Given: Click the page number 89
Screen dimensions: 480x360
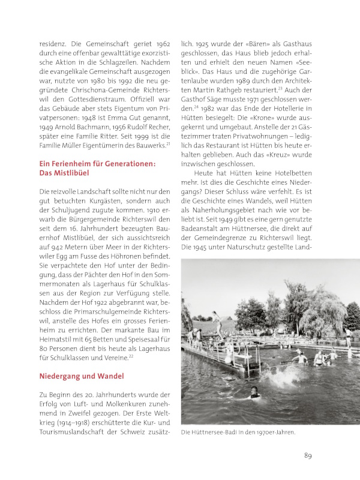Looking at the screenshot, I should point(307,455).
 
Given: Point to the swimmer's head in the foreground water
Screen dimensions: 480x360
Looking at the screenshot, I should point(255,393).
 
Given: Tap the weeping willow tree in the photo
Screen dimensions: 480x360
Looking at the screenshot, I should point(327,312).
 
